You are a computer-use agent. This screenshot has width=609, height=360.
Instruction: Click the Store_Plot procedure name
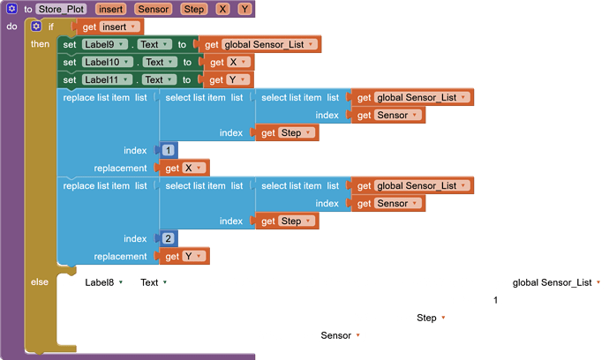(61, 9)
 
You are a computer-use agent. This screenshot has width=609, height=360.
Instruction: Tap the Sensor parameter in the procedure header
(154, 9)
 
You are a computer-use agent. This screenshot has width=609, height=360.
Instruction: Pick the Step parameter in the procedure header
(194, 9)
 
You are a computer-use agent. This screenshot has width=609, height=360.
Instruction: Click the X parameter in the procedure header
(222, 9)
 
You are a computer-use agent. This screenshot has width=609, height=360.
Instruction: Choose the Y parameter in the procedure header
(244, 9)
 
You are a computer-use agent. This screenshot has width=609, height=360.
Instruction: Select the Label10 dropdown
(109, 62)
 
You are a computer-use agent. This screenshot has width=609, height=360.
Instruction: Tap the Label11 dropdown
(109, 79)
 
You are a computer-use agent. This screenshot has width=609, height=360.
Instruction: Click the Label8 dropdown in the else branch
(106, 282)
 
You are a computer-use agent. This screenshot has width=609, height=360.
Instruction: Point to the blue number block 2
(169, 238)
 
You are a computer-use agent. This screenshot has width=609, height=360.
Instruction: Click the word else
(40, 282)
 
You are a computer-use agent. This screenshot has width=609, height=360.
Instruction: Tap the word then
(40, 44)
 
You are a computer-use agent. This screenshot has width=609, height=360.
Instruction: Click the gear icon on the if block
(36, 26)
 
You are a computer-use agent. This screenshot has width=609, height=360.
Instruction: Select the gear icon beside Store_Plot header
(13, 9)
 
